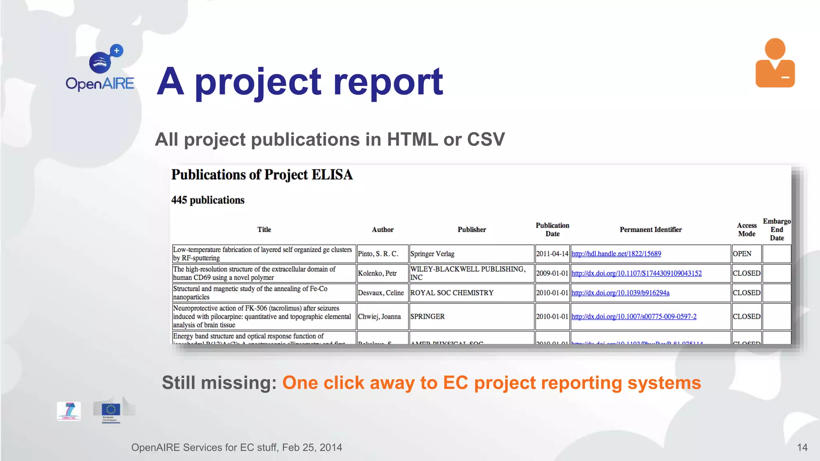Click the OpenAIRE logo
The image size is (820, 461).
pyautogui.click(x=100, y=68)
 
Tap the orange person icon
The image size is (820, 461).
pyautogui.click(x=775, y=63)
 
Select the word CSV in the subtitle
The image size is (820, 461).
pyautogui.click(x=486, y=140)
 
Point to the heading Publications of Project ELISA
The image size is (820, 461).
pyautogui.click(x=262, y=175)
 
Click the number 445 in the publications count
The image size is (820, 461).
pyautogui.click(x=179, y=200)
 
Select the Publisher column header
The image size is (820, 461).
pyautogui.click(x=472, y=230)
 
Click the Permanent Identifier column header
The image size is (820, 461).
pyautogui.click(x=650, y=230)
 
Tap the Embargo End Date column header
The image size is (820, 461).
pyautogui.click(x=776, y=230)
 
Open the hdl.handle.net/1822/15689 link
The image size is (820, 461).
pyautogui.click(x=616, y=254)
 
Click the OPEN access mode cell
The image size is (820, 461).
pyautogui.click(x=742, y=254)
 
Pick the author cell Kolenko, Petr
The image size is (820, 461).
pyautogui.click(x=377, y=273)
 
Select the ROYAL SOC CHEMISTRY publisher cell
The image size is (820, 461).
pyautogui.click(x=452, y=293)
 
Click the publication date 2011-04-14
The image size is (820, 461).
pyautogui.click(x=552, y=254)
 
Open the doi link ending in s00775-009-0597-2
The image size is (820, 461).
pyautogui.click(x=633, y=317)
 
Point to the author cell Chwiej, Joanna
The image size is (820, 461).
pyautogui.click(x=379, y=317)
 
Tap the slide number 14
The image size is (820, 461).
pyautogui.click(x=802, y=447)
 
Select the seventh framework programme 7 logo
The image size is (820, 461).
pyautogui.click(x=69, y=411)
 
